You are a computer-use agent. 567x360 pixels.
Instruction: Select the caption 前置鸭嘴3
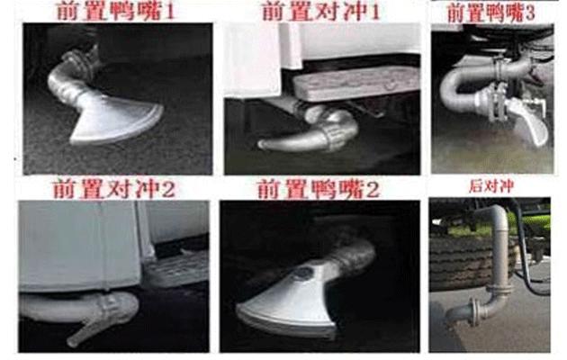(x=490, y=13)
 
